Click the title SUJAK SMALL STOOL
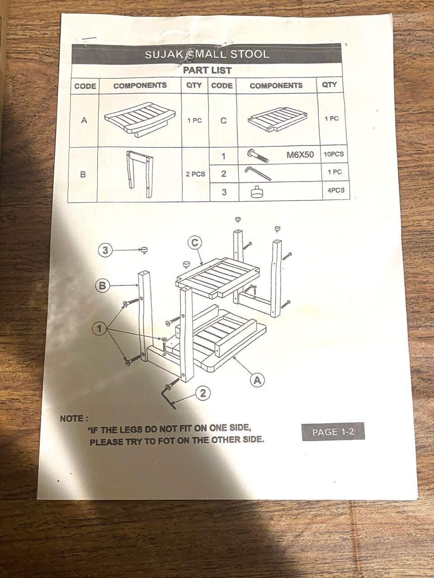207,54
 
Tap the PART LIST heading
207,70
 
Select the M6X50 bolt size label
300,154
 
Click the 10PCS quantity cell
334,154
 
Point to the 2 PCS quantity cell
195,174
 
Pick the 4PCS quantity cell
336,190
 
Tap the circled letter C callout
195,242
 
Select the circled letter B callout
103,285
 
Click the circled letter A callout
257,380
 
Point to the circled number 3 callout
105,250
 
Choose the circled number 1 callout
99,329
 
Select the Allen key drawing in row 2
258,173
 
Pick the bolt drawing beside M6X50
258,155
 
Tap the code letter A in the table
84,120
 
